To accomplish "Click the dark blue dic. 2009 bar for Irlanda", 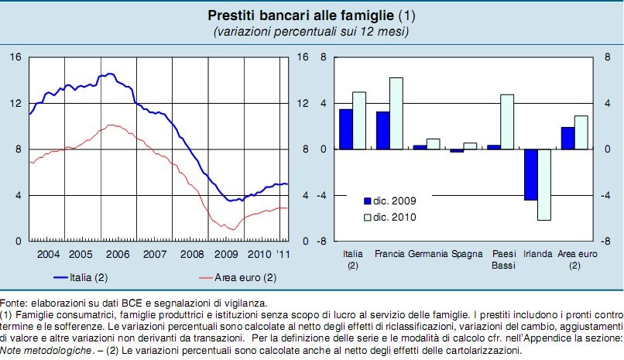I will point(531,174).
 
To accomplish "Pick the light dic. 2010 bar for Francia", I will point(396,113).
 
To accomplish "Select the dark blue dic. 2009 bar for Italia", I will point(345,129).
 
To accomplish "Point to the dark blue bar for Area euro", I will point(568,138).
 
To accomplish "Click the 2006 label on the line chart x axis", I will point(117,253).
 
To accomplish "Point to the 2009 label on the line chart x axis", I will point(225,253).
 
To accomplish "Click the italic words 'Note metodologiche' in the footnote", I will point(43,349).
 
